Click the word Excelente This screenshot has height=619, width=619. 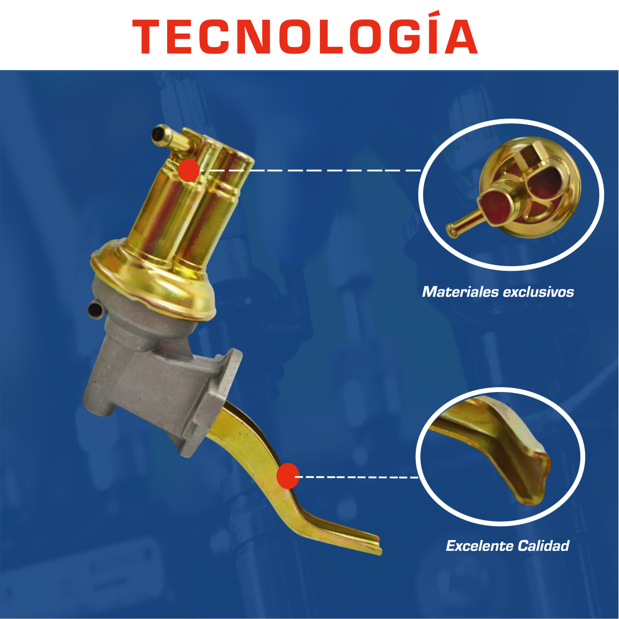coord(480,546)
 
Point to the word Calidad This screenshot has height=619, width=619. coord(544,546)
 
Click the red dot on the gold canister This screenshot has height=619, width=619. coord(189,170)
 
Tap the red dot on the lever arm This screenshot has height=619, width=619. coord(287,476)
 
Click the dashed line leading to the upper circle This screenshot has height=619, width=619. coord(310,170)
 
